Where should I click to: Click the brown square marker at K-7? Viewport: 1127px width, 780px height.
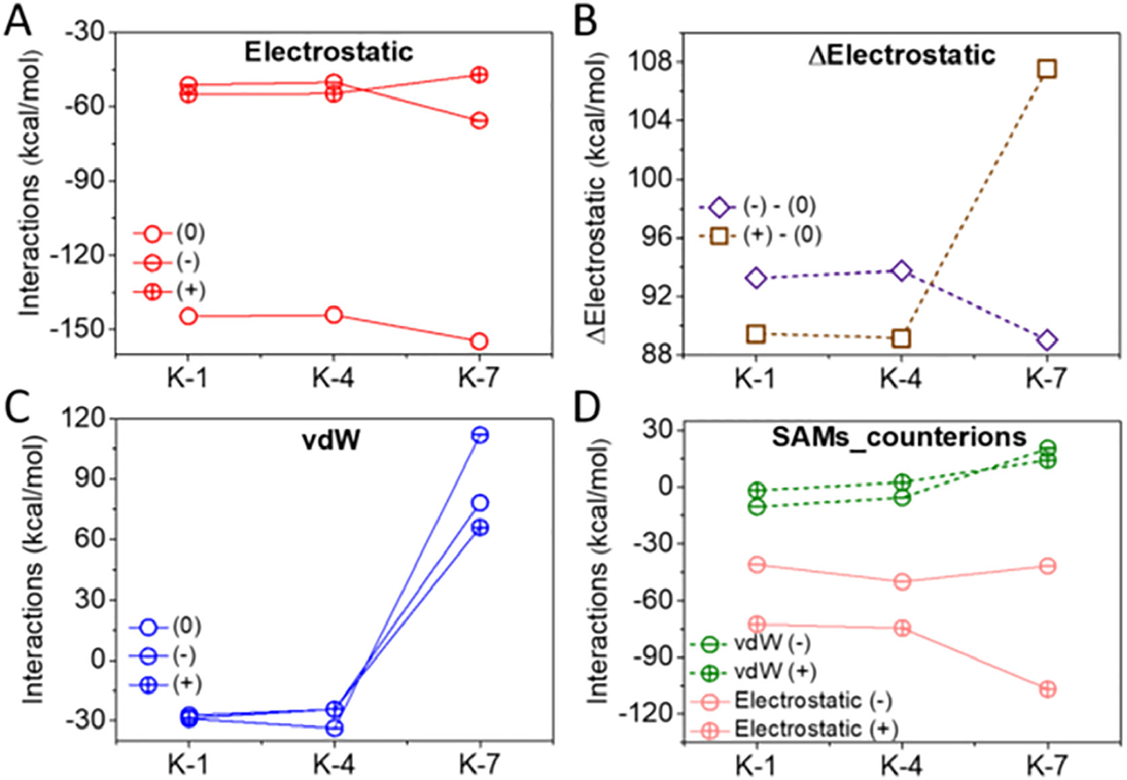[x=1046, y=69]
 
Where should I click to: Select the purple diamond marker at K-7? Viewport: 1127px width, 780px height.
[x=1046, y=340]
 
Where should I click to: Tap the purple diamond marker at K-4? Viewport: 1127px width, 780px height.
[x=901, y=271]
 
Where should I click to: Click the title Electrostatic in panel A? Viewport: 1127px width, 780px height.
[x=329, y=52]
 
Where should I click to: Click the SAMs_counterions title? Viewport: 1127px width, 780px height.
[x=899, y=437]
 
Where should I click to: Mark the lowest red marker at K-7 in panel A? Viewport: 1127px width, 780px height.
[x=479, y=342]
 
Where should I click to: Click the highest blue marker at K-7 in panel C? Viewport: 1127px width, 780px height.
[x=480, y=435]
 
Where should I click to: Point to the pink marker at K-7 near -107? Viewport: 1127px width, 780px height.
[x=1048, y=689]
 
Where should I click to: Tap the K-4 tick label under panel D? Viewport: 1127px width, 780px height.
[x=900, y=766]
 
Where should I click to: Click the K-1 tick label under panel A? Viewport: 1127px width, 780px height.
[x=188, y=379]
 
